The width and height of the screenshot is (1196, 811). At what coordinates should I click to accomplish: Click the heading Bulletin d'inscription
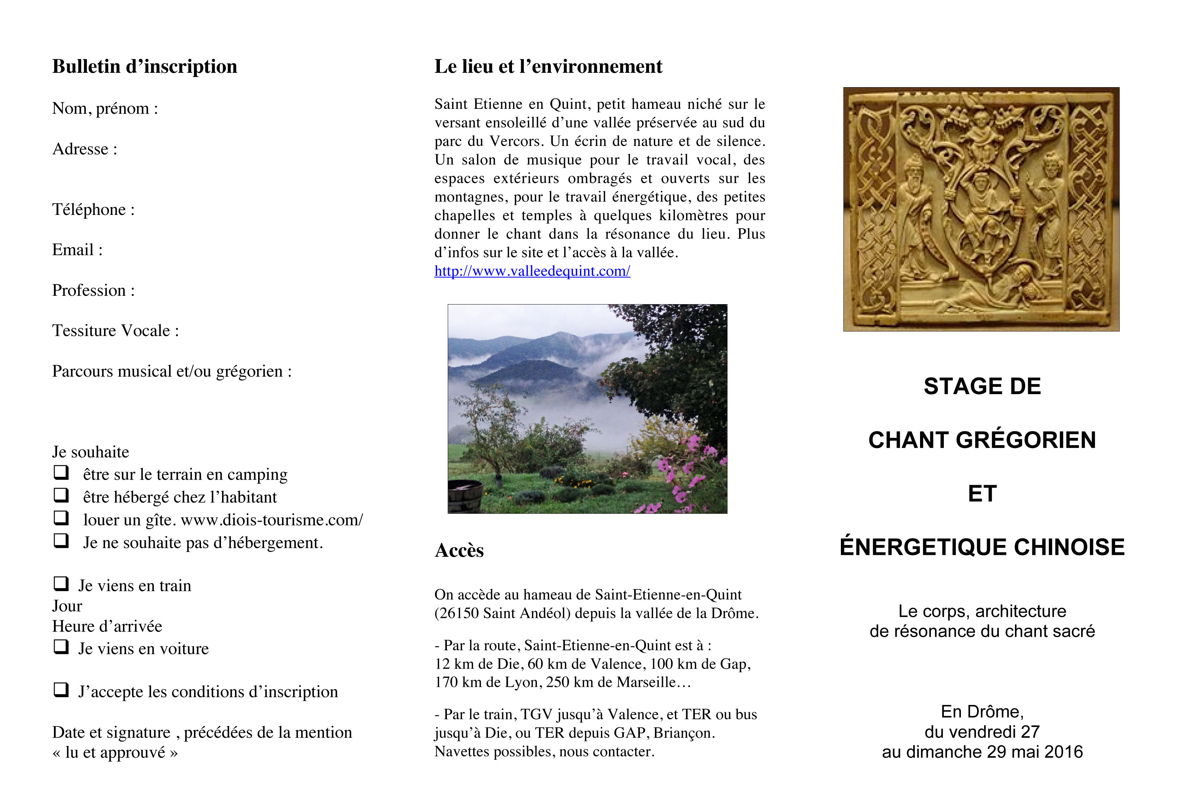145,67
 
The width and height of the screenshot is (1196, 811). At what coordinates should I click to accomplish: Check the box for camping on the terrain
61,472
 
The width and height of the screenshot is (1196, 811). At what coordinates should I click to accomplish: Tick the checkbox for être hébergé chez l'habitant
61,495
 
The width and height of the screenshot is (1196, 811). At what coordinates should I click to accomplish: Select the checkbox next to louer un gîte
61,517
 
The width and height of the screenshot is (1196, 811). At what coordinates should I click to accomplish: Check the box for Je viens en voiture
61,646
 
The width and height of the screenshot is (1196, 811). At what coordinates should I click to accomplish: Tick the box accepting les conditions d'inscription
61,690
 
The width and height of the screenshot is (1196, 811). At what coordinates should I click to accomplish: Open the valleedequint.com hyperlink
532,271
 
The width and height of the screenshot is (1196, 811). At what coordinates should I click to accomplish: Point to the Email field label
77,250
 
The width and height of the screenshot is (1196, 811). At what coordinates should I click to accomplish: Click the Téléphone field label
93,209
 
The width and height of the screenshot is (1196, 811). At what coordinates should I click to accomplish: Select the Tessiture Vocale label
115,331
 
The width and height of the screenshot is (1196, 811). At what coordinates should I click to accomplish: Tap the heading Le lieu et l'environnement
548,67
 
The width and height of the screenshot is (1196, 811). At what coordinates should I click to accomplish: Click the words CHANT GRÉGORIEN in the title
982,440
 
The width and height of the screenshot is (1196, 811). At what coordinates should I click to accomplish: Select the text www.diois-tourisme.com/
272,520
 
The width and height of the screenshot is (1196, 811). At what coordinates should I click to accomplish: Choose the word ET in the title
982,494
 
